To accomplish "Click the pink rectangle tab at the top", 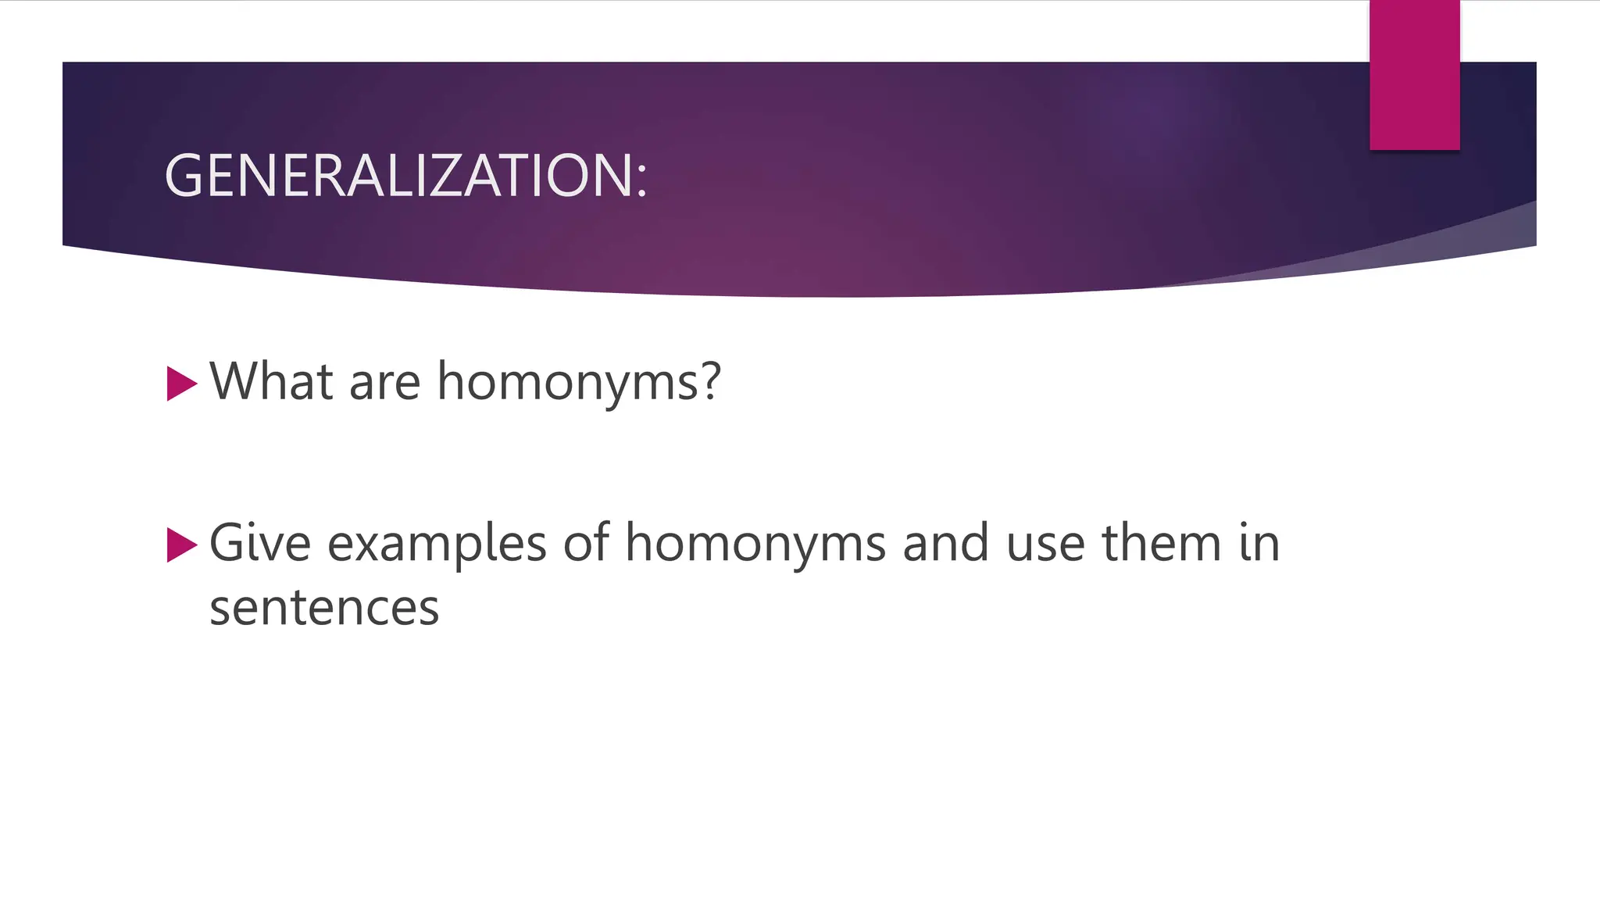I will click(x=1414, y=75).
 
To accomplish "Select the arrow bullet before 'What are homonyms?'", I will click(x=181, y=384).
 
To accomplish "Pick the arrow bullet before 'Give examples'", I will click(x=181, y=545).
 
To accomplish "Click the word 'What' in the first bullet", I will click(x=271, y=381).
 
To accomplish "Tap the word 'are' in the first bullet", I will click(x=384, y=383).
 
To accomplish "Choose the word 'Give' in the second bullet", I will click(x=259, y=542).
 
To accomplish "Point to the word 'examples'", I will click(x=436, y=544).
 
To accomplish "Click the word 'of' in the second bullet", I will click(x=585, y=542).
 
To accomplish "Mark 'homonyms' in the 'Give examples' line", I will click(x=755, y=544).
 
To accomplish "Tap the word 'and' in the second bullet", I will click(x=945, y=542).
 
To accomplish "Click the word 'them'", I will click(x=1161, y=542).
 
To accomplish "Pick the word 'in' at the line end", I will click(x=1259, y=542).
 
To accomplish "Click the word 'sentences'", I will click(x=324, y=608).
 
